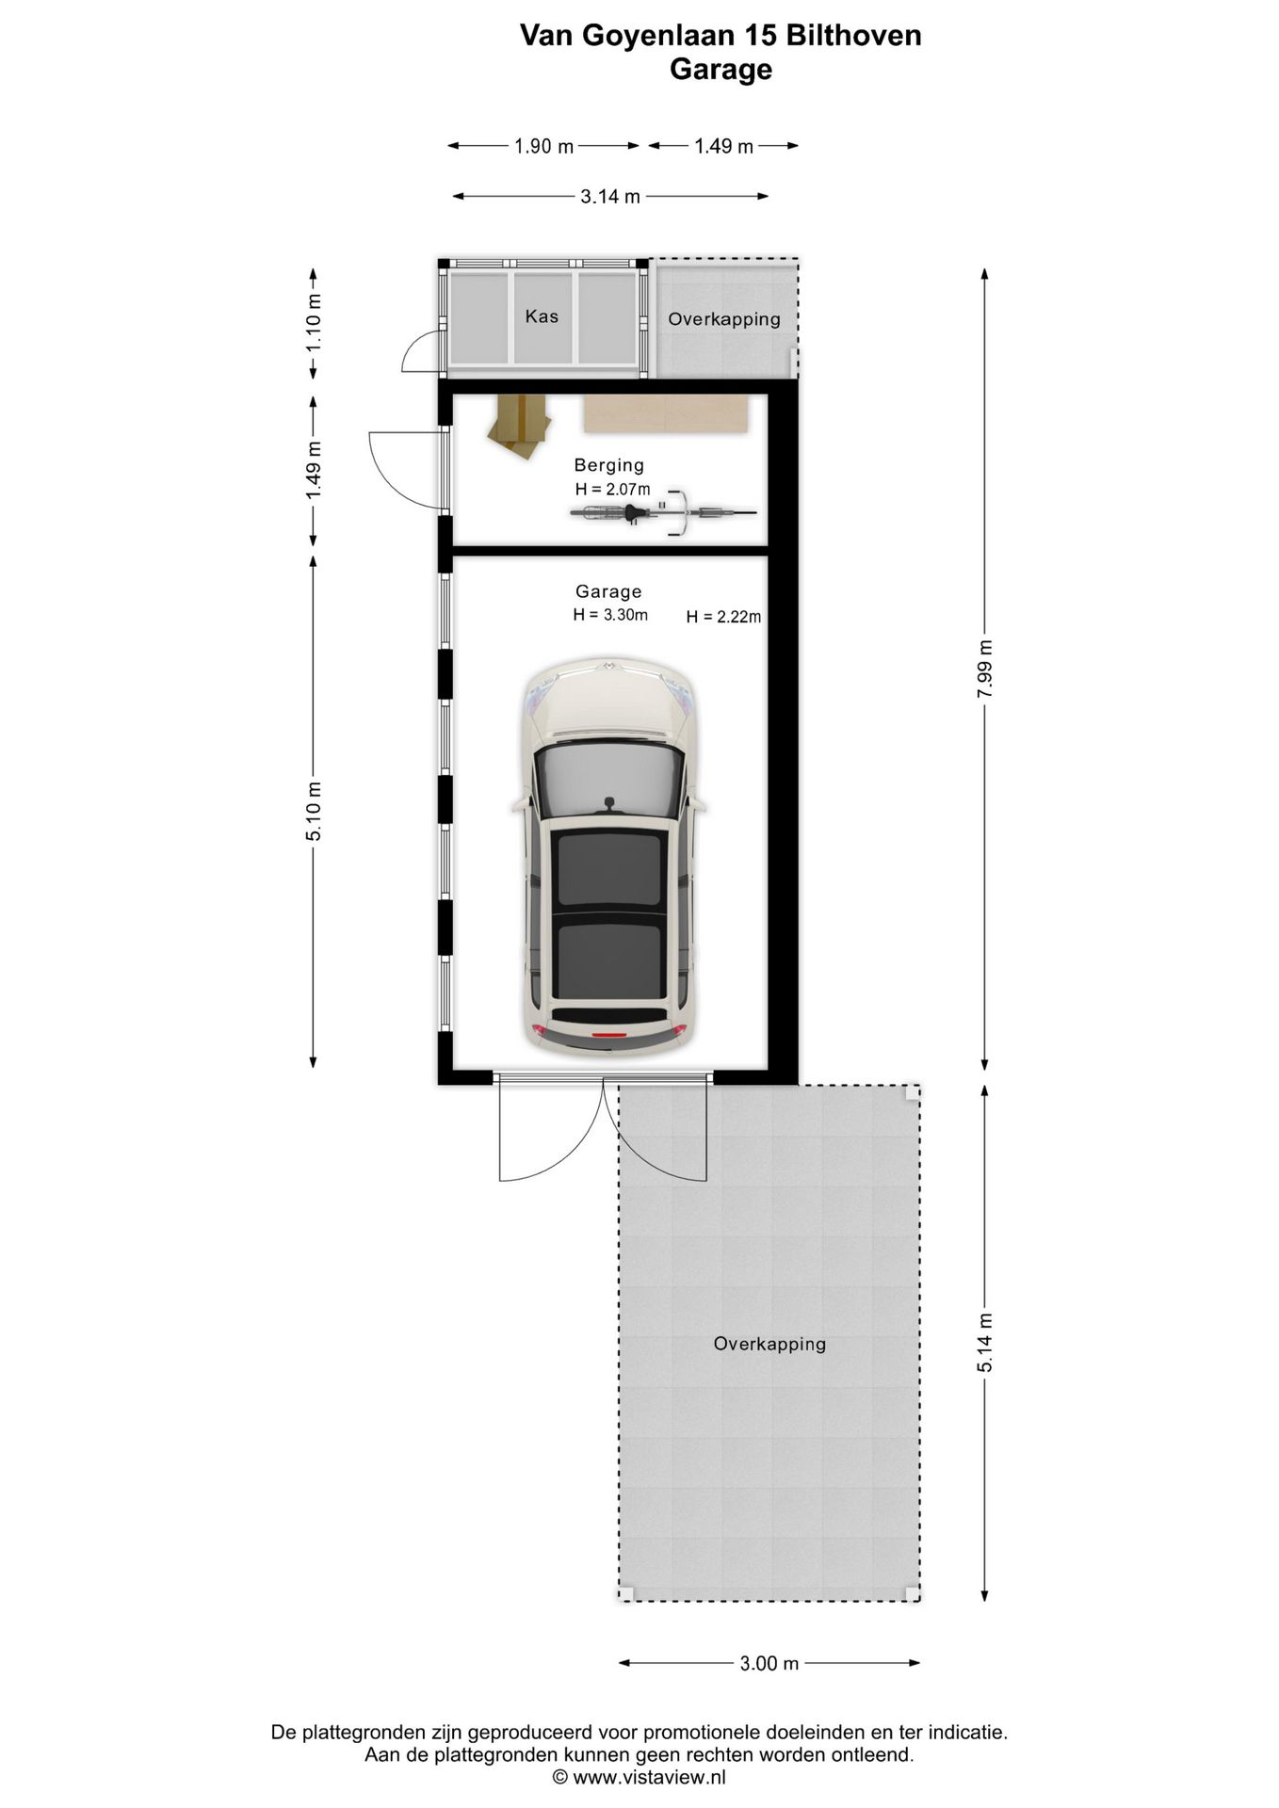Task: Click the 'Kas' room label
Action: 542,316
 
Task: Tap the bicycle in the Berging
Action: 663,511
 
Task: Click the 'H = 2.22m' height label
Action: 723,617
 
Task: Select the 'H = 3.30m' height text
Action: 610,615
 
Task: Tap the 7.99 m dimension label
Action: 985,669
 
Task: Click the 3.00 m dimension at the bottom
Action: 769,1663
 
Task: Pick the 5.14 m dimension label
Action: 985,1343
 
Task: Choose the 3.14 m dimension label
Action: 610,196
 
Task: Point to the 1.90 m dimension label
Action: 543,146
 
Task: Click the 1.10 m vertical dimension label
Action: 314,323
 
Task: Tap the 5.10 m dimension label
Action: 314,812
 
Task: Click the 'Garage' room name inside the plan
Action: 608,591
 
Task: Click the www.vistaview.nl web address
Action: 649,1778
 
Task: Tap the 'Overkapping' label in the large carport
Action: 769,1344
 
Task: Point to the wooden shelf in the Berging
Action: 667,414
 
